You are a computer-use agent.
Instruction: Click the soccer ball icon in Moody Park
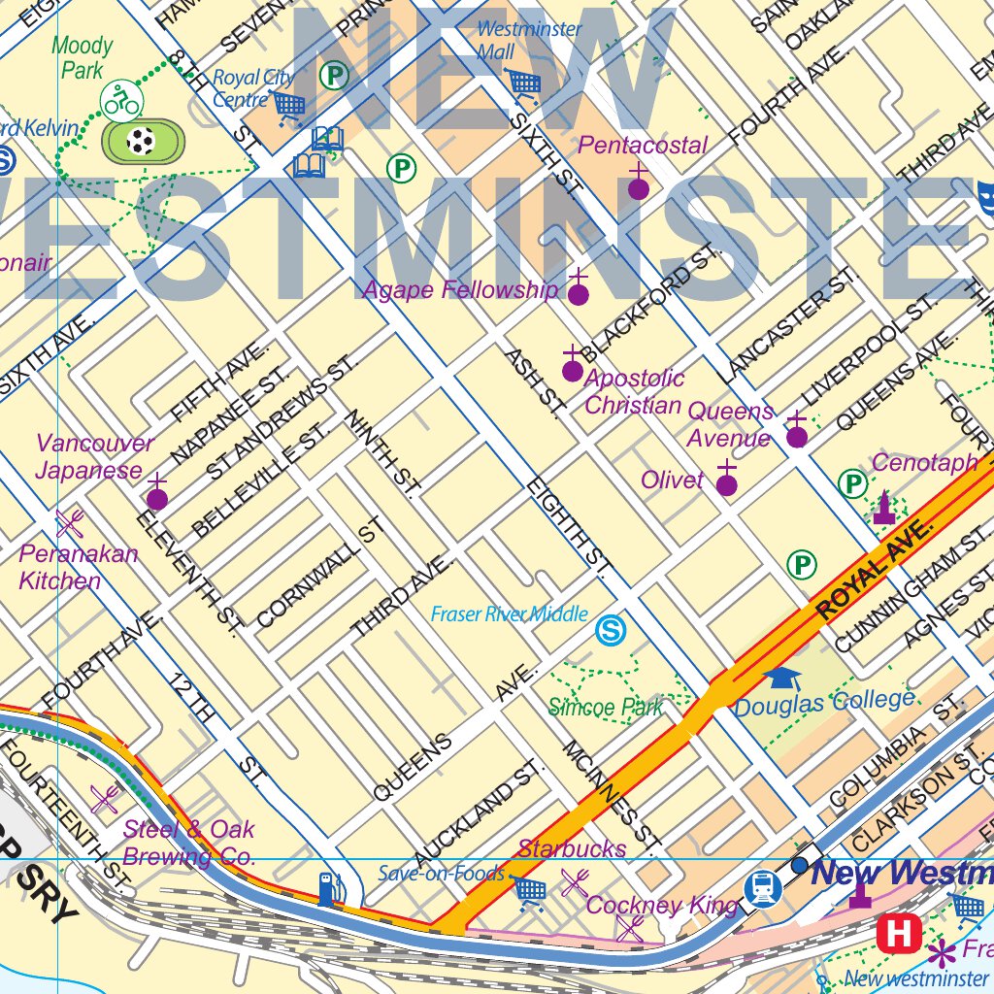click(x=142, y=142)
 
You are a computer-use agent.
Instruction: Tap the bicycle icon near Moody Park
click(x=121, y=100)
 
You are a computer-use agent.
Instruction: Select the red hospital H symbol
click(x=898, y=934)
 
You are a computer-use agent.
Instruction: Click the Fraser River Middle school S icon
click(x=611, y=631)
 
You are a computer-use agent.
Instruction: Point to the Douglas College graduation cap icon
click(x=781, y=679)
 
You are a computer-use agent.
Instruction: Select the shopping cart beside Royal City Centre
click(x=288, y=104)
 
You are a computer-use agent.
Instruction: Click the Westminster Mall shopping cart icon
click(x=524, y=84)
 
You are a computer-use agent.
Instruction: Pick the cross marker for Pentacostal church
click(x=638, y=184)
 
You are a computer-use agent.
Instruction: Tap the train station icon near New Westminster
click(x=764, y=886)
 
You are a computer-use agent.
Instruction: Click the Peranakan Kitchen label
click(x=78, y=568)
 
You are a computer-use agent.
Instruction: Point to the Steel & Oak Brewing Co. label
click(x=188, y=843)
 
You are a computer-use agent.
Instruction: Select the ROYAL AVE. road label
click(x=876, y=571)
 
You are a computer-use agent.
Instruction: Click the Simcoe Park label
click(x=606, y=708)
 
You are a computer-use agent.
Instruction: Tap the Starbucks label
click(x=572, y=848)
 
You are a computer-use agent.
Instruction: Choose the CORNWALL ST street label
click(x=320, y=573)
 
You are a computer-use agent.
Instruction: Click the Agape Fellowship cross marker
click(x=578, y=290)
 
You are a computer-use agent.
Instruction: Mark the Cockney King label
click(x=662, y=907)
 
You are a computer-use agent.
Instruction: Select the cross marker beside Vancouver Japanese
click(x=156, y=495)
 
